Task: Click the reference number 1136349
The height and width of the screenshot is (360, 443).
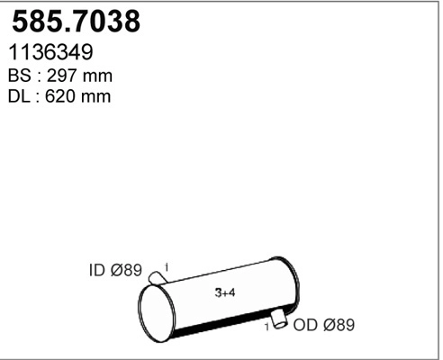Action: tap(50, 54)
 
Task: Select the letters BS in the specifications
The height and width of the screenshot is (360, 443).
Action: tap(20, 76)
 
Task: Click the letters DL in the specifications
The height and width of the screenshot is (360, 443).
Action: tap(20, 96)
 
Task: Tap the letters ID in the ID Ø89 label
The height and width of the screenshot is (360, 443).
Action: tap(97, 270)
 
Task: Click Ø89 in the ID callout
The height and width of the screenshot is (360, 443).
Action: tap(126, 270)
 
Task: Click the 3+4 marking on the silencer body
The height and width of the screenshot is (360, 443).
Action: tap(226, 293)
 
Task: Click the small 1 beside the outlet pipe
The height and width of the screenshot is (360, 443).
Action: tap(267, 327)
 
